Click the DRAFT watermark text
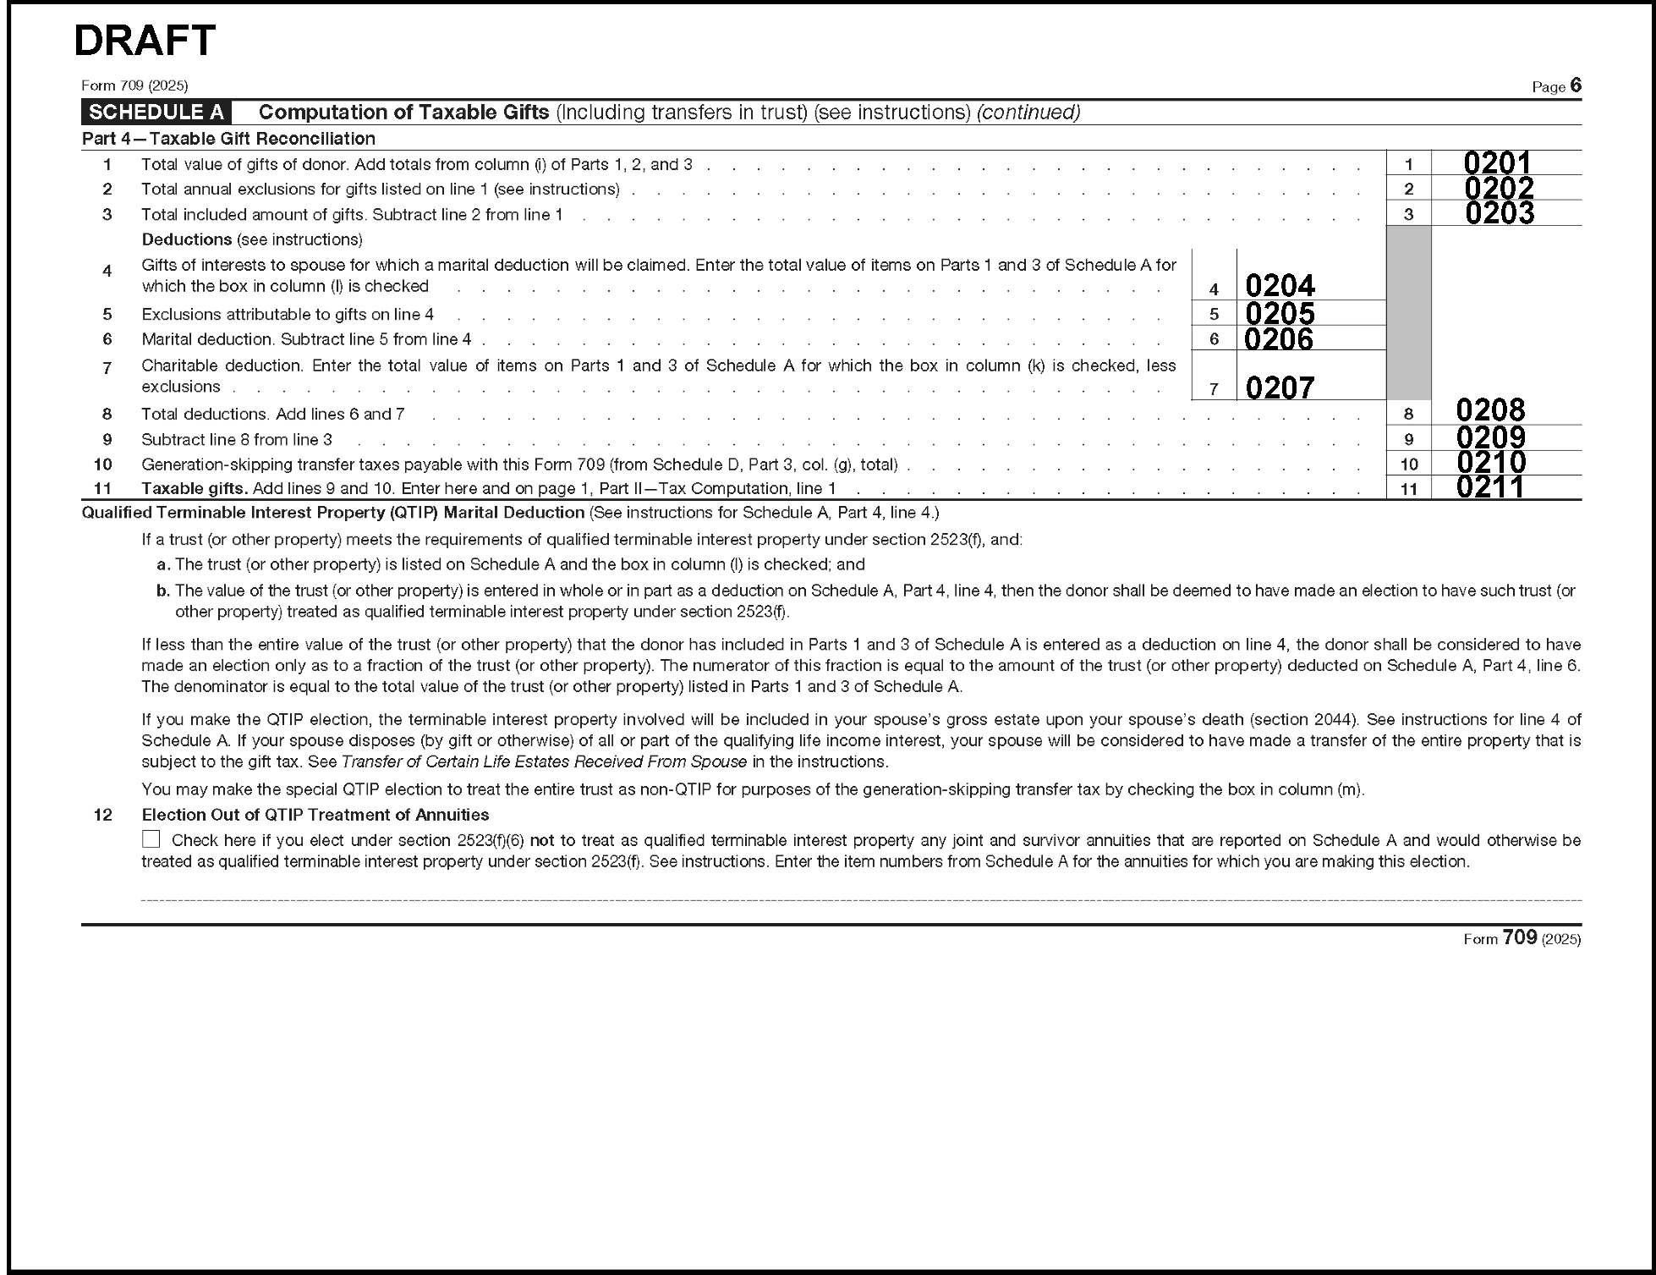(x=145, y=40)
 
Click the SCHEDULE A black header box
(x=156, y=113)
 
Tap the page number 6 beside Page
(x=1575, y=85)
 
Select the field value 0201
(x=1496, y=162)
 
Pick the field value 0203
(x=1499, y=212)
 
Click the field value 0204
(x=1280, y=286)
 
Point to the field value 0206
(x=1279, y=339)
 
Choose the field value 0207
(x=1280, y=388)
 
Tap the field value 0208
(x=1490, y=410)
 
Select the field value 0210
(x=1491, y=462)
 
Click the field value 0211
(x=1489, y=486)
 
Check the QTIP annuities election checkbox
(x=151, y=839)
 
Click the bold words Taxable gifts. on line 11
(x=195, y=488)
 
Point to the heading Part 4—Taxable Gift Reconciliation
(x=228, y=139)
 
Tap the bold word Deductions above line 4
(x=187, y=239)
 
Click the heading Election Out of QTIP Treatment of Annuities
(x=315, y=815)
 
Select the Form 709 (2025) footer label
(x=1522, y=938)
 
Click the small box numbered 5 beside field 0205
(x=1214, y=314)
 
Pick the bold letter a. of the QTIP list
(x=164, y=564)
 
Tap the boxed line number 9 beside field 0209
(x=1408, y=439)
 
